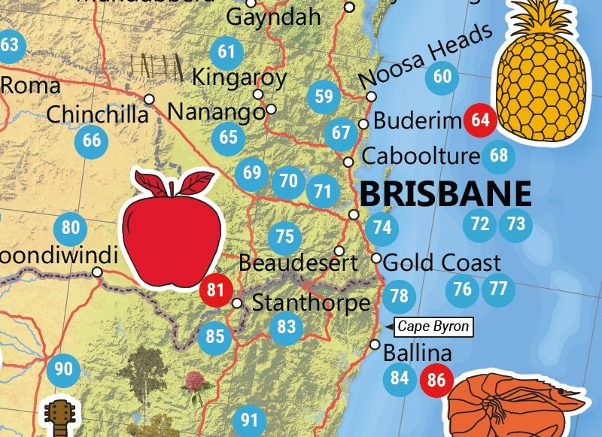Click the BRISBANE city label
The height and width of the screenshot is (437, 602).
tap(445, 193)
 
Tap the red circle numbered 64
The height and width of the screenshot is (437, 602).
tap(479, 120)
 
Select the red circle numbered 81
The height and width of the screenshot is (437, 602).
tap(215, 290)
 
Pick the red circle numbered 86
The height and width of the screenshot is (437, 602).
tap(436, 379)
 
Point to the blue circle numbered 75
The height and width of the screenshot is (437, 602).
tap(284, 236)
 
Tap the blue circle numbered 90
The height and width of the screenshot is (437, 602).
tap(63, 369)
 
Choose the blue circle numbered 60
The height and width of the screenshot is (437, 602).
tap(442, 76)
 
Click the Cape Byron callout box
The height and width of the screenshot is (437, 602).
tap(433, 326)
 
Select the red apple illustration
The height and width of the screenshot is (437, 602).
tap(174, 229)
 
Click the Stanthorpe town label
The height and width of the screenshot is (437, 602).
tap(311, 304)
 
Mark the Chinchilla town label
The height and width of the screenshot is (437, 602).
tap(97, 114)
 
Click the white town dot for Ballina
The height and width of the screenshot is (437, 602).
tap(375, 344)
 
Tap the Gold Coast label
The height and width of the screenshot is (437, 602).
tap(442, 263)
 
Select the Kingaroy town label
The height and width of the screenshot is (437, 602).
tap(239, 77)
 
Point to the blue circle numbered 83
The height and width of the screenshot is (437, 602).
tap(286, 327)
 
